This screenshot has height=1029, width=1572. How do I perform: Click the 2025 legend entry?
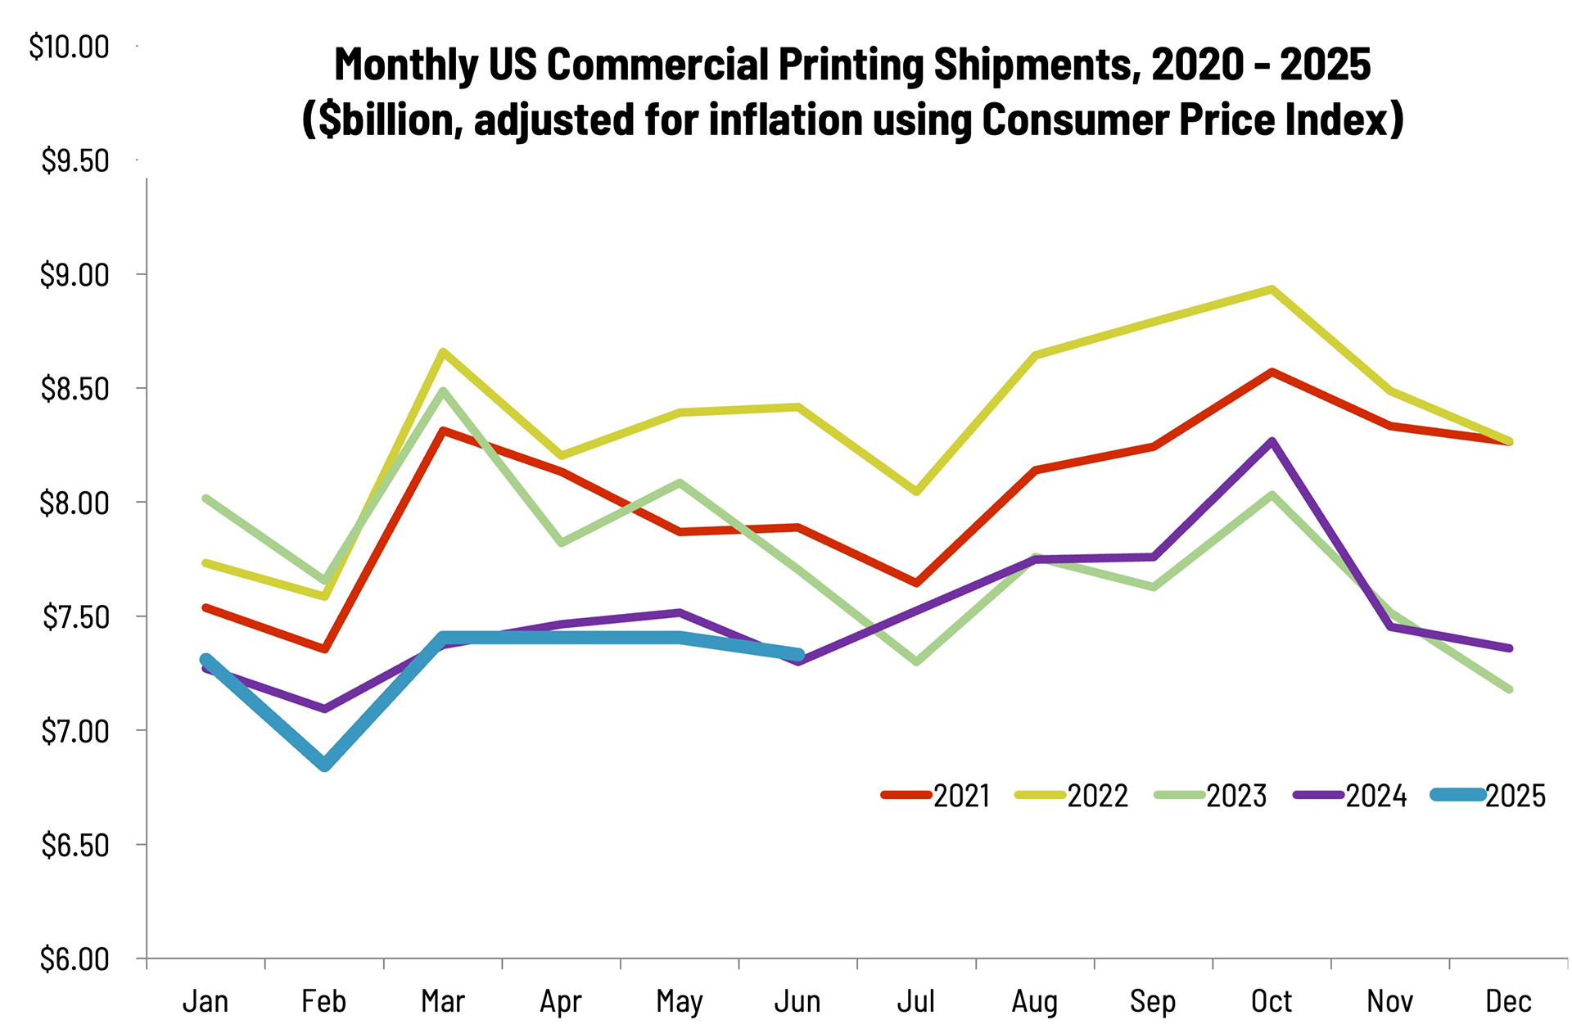[1489, 796]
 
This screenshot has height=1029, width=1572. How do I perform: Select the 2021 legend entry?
[937, 796]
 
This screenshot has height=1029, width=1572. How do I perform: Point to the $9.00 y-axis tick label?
[75, 275]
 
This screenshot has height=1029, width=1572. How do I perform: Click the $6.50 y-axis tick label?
[75, 845]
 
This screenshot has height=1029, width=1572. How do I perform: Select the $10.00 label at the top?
[69, 47]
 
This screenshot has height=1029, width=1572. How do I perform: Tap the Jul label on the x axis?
[915, 1001]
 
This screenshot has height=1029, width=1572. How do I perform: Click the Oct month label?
[1271, 1001]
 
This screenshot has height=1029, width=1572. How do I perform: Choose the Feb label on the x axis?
[324, 1001]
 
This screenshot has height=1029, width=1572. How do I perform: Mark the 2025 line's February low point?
[325, 765]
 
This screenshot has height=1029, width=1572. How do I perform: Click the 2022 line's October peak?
[1272, 289]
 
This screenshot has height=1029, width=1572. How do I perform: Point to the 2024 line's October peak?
[1272, 442]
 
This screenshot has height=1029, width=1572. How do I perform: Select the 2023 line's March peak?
[443, 390]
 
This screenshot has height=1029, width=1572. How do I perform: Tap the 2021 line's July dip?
[916, 583]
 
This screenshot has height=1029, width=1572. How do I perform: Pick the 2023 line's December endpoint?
[1508, 689]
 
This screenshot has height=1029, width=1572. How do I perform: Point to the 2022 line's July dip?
[916, 491]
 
